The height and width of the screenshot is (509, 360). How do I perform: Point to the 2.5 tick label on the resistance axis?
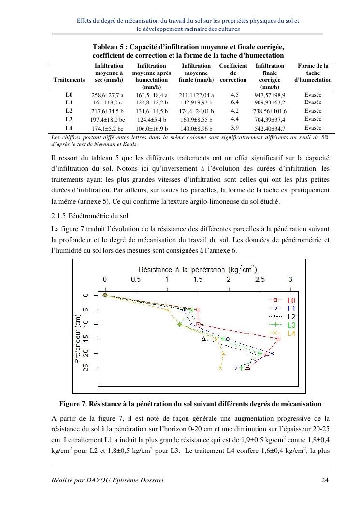click(259, 279)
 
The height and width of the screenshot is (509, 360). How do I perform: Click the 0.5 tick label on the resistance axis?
click(136, 279)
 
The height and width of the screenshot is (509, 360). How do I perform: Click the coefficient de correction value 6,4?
click(235, 102)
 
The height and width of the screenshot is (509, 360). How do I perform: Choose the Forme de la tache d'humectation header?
click(313, 73)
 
